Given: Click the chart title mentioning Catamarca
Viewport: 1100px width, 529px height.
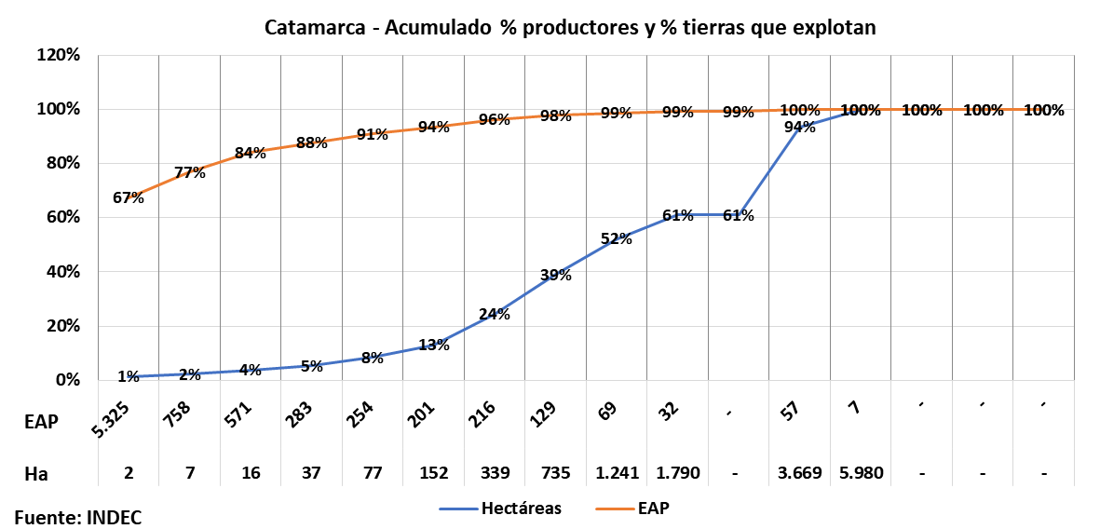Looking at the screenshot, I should tap(570, 28).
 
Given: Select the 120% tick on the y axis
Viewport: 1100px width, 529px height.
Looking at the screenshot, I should tap(59, 55).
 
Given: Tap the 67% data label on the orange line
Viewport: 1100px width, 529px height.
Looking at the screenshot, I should tap(129, 197).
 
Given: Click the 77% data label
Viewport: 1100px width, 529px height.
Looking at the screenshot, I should tap(189, 172).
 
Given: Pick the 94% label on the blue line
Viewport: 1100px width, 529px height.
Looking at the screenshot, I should tap(799, 128).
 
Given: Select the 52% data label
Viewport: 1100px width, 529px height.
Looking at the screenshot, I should tap(617, 238).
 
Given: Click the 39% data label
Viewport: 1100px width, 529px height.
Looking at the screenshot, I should tap(555, 274).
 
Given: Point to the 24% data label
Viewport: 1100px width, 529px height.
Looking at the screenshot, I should tap(495, 314).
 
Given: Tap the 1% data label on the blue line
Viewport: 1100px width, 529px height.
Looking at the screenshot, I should tap(129, 376).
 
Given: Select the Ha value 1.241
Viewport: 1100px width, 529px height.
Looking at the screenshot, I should tap(617, 473).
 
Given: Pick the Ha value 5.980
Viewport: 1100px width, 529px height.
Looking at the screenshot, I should tap(860, 473).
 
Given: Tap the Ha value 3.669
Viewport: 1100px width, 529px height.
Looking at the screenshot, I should tap(799, 473).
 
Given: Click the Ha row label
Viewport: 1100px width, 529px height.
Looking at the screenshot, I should tap(35, 473).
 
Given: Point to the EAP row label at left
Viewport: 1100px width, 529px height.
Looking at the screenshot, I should tap(41, 421).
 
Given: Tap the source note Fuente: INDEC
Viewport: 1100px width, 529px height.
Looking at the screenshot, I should tap(77, 517).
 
